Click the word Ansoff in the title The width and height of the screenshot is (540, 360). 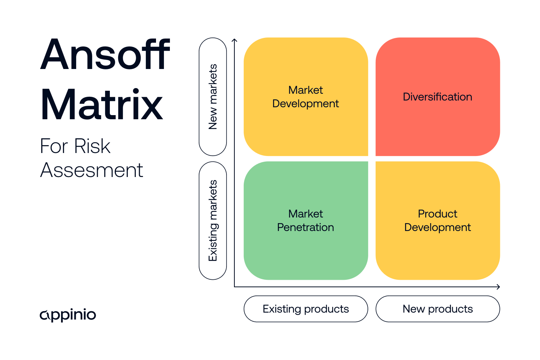(x=105, y=55)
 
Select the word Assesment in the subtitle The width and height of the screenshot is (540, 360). (x=91, y=170)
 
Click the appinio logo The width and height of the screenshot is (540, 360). (x=68, y=315)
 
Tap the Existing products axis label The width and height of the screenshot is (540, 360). (x=306, y=309)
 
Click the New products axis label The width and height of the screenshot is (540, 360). (x=438, y=309)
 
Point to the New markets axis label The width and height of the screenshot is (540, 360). (x=213, y=97)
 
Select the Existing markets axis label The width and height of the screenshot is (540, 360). (x=213, y=220)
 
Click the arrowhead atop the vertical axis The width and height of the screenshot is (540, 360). (x=235, y=40)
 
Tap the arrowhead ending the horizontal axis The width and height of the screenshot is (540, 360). (x=498, y=287)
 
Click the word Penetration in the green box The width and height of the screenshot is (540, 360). (x=305, y=227)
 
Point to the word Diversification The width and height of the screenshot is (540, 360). (x=437, y=97)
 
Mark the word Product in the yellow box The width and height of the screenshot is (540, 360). (x=437, y=214)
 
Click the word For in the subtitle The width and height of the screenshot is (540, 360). (x=54, y=146)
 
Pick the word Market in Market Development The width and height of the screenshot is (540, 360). (x=305, y=90)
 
